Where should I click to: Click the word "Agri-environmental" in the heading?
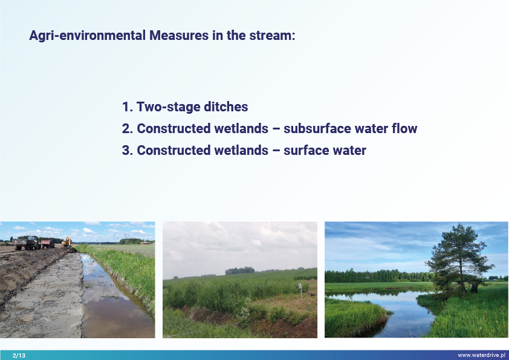tap(87, 36)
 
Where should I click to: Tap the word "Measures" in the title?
tap(179, 36)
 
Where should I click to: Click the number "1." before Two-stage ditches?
tap(128, 107)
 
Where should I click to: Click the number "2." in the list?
tap(128, 129)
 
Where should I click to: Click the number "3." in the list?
tap(128, 151)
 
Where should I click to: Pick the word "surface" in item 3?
tap(306, 151)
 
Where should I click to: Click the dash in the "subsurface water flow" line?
tap(276, 129)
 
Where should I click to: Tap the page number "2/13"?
tap(19, 355)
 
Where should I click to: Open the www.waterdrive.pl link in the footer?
tap(482, 355)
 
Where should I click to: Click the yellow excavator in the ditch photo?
tap(67, 242)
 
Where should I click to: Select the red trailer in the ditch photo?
tap(48, 244)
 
